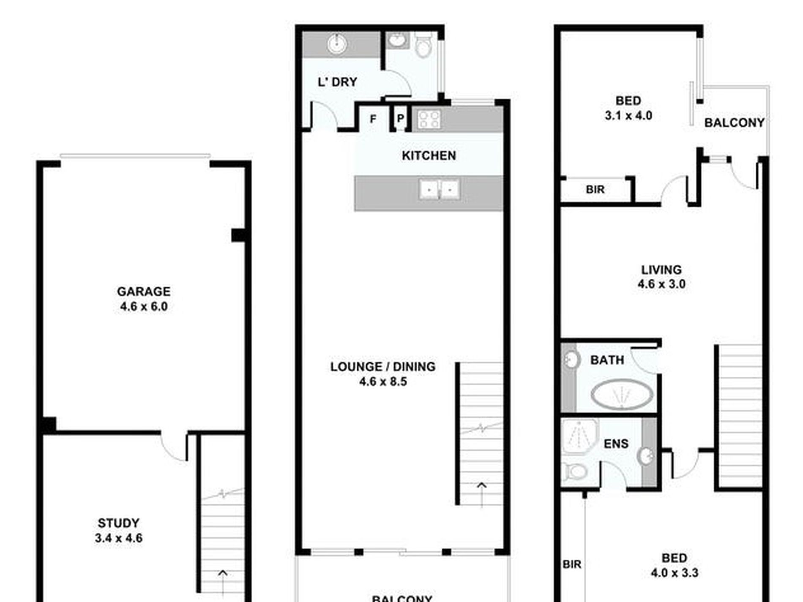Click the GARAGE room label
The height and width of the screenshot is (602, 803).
click(x=144, y=291)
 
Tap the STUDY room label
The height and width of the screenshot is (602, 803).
click(x=118, y=523)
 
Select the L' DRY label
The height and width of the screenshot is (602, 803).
click(x=337, y=82)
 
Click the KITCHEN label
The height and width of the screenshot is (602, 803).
click(x=429, y=155)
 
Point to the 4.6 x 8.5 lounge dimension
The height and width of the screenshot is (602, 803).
click(x=383, y=381)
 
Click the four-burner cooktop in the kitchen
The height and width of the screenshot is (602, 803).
click(x=429, y=120)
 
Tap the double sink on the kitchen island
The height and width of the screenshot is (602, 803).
click(x=439, y=189)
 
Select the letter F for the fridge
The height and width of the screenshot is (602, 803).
click(x=373, y=119)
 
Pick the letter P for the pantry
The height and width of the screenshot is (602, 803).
click(x=400, y=118)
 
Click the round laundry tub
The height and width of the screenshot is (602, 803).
click(x=337, y=44)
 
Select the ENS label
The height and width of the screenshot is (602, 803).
click(x=616, y=444)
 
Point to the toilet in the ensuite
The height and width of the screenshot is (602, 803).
click(x=575, y=472)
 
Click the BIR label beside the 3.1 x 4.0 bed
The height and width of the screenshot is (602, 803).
click(x=595, y=190)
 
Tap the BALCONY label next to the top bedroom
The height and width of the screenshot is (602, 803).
click(x=734, y=123)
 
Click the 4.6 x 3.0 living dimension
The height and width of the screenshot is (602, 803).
click(x=661, y=284)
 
